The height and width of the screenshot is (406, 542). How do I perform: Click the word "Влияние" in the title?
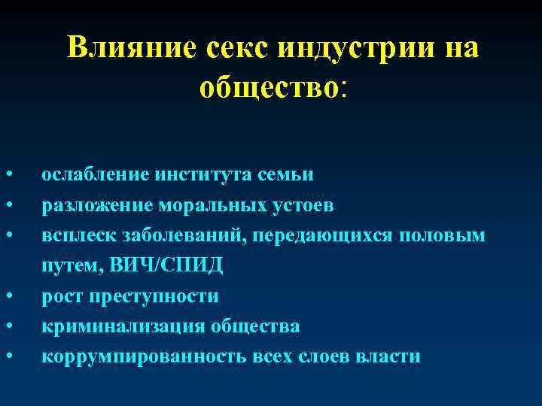coord(130,48)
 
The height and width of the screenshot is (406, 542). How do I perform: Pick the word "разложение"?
coord(97,205)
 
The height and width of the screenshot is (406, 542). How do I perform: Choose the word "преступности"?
coord(154,296)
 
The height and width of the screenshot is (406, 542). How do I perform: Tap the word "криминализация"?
coord(113,326)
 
